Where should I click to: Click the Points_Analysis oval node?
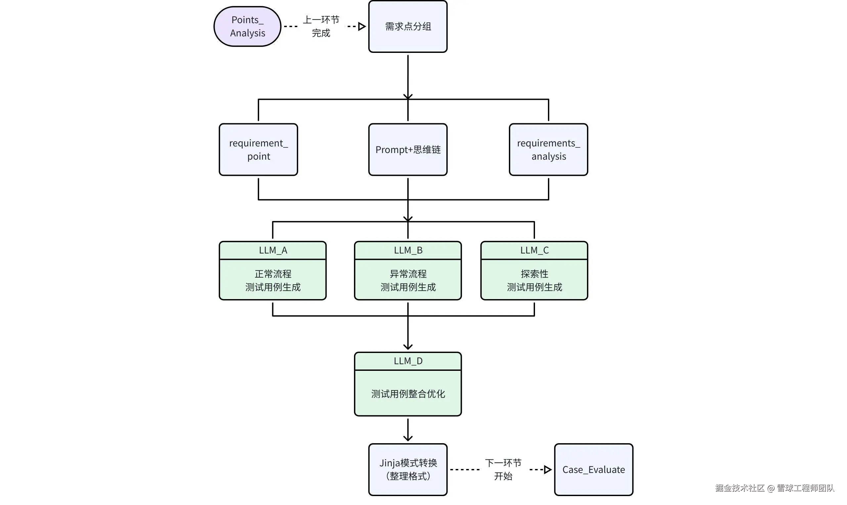(247, 26)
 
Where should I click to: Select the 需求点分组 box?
(408, 26)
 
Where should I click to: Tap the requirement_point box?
(258, 150)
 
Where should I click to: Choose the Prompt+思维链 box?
(408, 150)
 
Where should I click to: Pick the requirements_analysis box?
(548, 150)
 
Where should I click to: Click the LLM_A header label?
(273, 251)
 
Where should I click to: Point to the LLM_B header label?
(408, 251)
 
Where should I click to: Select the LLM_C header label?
(534, 251)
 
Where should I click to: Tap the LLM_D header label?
(408, 361)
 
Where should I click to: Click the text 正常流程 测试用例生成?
(273, 280)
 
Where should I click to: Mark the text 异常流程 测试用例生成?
(408, 280)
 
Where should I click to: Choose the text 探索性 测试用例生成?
(534, 280)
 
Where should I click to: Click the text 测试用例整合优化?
(408, 394)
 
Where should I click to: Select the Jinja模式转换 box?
(408, 470)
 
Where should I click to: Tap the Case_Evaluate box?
(593, 470)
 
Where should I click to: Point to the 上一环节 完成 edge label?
(321, 26)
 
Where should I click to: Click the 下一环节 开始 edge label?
(503, 470)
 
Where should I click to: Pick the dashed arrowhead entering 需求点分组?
(362, 26)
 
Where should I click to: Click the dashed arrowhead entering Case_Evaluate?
(548, 470)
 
